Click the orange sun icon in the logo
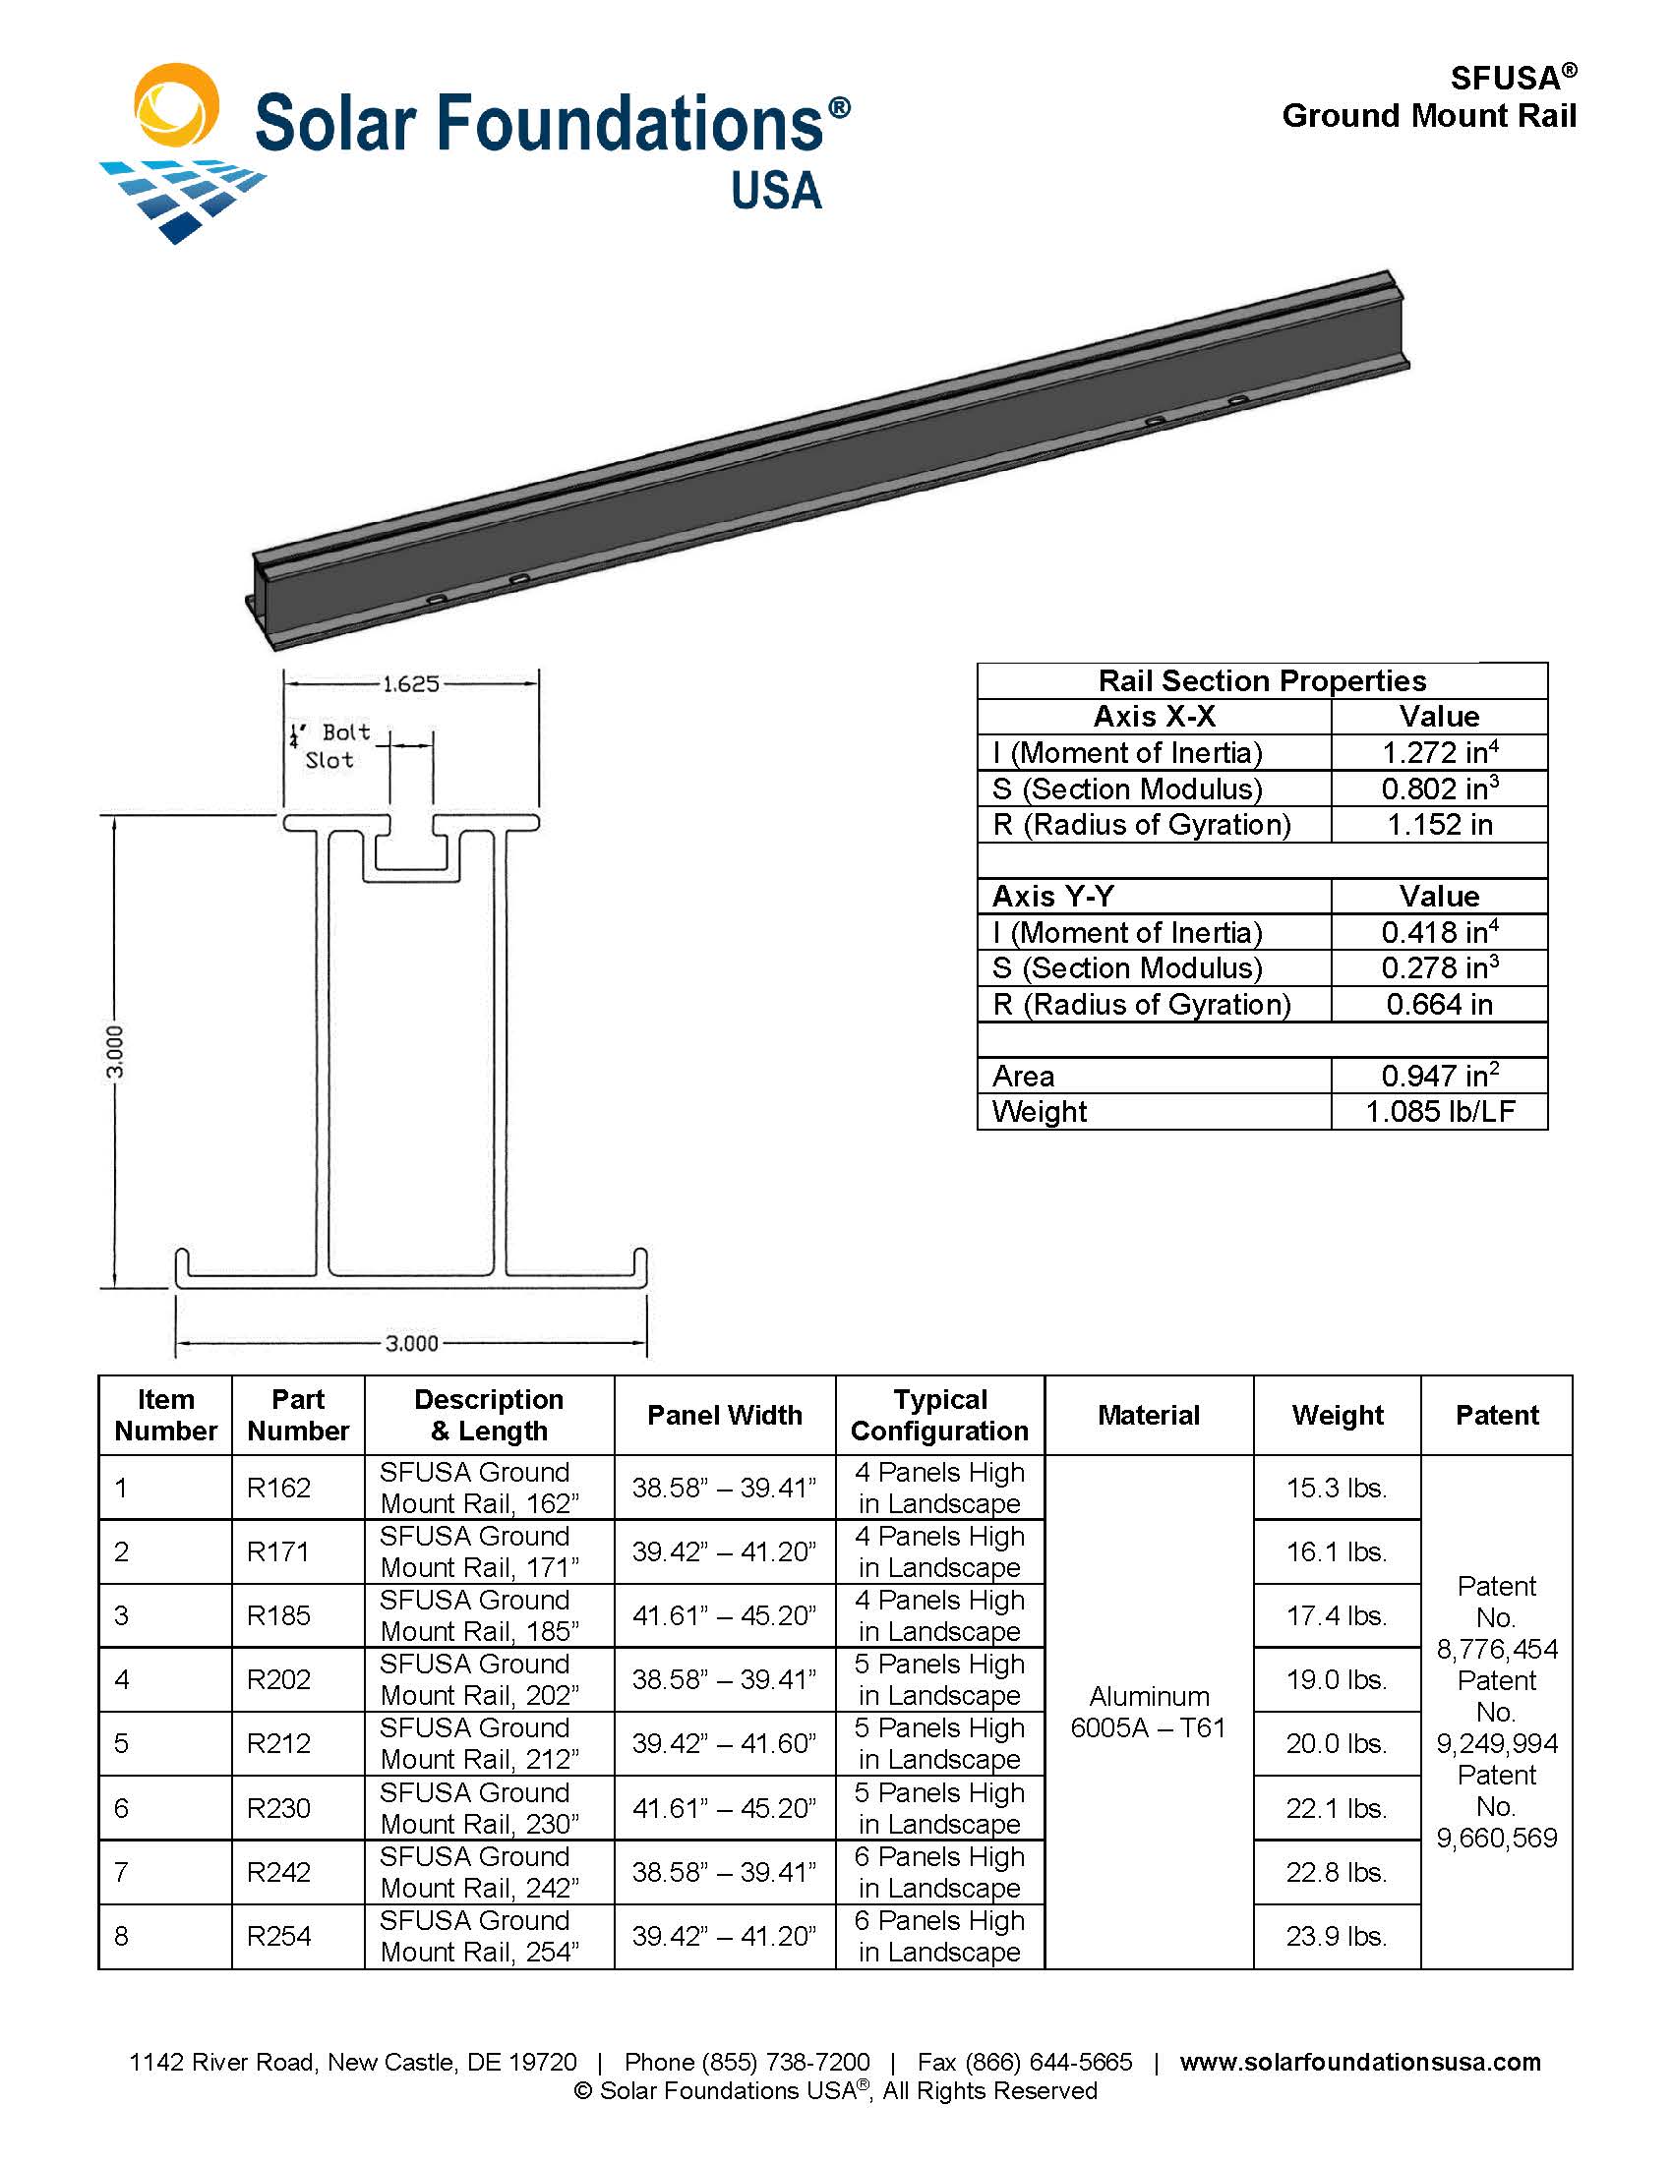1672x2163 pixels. (176, 105)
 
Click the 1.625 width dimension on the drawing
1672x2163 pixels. (410, 683)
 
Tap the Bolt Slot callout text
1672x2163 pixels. (332, 746)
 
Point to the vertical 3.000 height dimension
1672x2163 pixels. (116, 1051)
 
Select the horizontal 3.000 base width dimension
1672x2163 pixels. (411, 1343)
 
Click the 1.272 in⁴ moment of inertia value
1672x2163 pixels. (1438, 753)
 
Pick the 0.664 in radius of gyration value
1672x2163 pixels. (1438, 1004)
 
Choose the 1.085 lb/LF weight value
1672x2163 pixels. (1439, 1111)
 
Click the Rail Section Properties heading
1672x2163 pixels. (1261, 681)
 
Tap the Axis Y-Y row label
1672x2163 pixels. (1053, 897)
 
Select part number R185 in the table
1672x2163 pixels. (278, 1615)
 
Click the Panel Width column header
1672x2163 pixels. (724, 1415)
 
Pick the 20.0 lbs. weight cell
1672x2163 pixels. (1336, 1743)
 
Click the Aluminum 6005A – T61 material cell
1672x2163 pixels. (1148, 1712)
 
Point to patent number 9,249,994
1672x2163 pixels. (1496, 1743)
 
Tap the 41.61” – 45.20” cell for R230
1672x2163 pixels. (724, 1808)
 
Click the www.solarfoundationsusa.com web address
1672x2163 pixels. (1359, 2062)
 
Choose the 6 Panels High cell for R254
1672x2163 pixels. (938, 1936)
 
